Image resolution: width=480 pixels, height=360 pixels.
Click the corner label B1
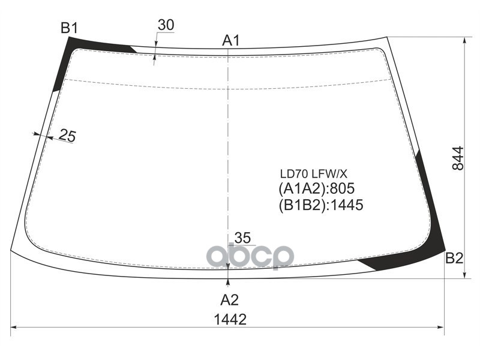tap(69, 28)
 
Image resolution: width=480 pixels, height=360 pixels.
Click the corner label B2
tap(454, 259)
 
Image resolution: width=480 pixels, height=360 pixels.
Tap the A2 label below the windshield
tap(229, 299)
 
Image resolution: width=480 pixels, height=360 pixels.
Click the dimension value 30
tap(166, 25)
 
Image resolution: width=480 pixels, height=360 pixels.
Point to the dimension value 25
tap(67, 137)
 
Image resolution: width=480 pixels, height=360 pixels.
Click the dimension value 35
tap(242, 236)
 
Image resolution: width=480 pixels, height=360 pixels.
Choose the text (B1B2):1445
tap(321, 205)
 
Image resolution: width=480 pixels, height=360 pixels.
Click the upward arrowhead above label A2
tap(229, 282)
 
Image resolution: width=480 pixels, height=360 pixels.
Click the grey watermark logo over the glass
tap(250, 256)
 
